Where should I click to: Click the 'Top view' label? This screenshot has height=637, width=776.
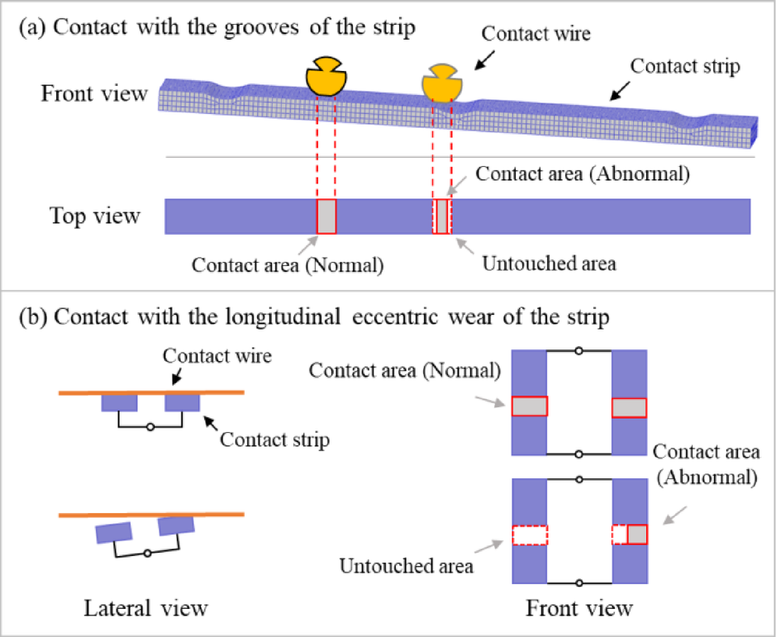(x=94, y=216)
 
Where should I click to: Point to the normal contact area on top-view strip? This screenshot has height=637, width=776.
(x=326, y=216)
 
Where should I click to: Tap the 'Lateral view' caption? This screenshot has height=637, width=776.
(x=145, y=609)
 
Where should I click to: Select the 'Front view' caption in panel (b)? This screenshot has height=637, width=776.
(x=579, y=609)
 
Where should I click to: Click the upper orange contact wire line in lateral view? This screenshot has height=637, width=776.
(x=150, y=392)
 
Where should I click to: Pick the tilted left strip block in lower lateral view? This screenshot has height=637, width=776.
(x=113, y=531)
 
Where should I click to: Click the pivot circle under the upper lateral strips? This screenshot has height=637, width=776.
(x=150, y=428)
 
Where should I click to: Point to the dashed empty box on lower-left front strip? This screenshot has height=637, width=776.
(x=529, y=535)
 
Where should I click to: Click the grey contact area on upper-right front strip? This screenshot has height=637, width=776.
(x=629, y=407)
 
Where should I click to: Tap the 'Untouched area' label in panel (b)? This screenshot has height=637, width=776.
(x=406, y=566)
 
